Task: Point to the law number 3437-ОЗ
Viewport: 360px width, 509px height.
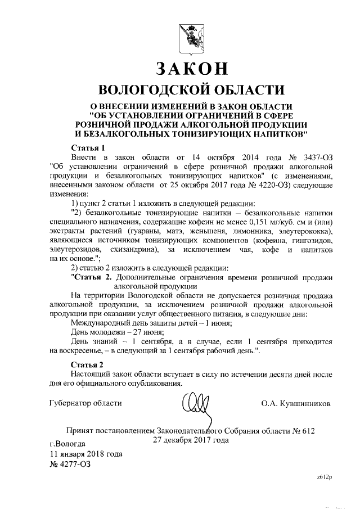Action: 315,156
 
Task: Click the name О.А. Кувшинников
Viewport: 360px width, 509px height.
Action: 296,403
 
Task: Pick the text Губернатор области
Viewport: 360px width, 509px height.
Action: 85,403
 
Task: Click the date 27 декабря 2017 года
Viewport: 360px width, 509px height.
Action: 191,440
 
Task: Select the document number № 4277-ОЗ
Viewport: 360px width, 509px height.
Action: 70,464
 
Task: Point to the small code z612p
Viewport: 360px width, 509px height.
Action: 325,476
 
